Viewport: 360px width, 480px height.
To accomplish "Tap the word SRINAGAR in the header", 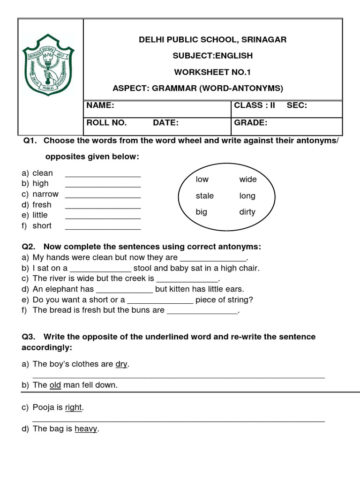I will pyautogui.click(x=264, y=40).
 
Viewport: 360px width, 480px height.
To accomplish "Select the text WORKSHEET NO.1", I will pyautogui.click(x=213, y=72).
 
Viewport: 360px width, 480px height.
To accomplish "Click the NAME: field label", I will pyautogui.click(x=100, y=105).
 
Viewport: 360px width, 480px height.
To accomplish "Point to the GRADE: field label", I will pyautogui.click(x=250, y=123).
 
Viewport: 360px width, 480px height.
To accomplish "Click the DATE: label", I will pyautogui.click(x=165, y=123).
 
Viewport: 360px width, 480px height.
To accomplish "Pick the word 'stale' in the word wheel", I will pyautogui.click(x=204, y=196).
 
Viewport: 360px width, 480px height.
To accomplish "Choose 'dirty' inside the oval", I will pyautogui.click(x=247, y=212).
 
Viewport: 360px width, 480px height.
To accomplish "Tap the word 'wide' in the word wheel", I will pyautogui.click(x=248, y=180).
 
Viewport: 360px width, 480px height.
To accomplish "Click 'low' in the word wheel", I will pyautogui.click(x=202, y=180).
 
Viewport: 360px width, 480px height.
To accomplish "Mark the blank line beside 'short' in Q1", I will pyautogui.click(x=103, y=229).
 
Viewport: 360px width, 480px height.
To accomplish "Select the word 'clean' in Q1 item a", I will pyautogui.click(x=43, y=173).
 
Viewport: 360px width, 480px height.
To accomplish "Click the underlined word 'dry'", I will pyautogui.click(x=121, y=364).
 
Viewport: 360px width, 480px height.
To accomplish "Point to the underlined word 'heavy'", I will pyautogui.click(x=86, y=429).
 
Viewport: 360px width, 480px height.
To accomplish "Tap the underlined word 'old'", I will pyautogui.click(x=55, y=385).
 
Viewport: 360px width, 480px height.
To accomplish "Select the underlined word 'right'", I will pyautogui.click(x=74, y=408).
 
